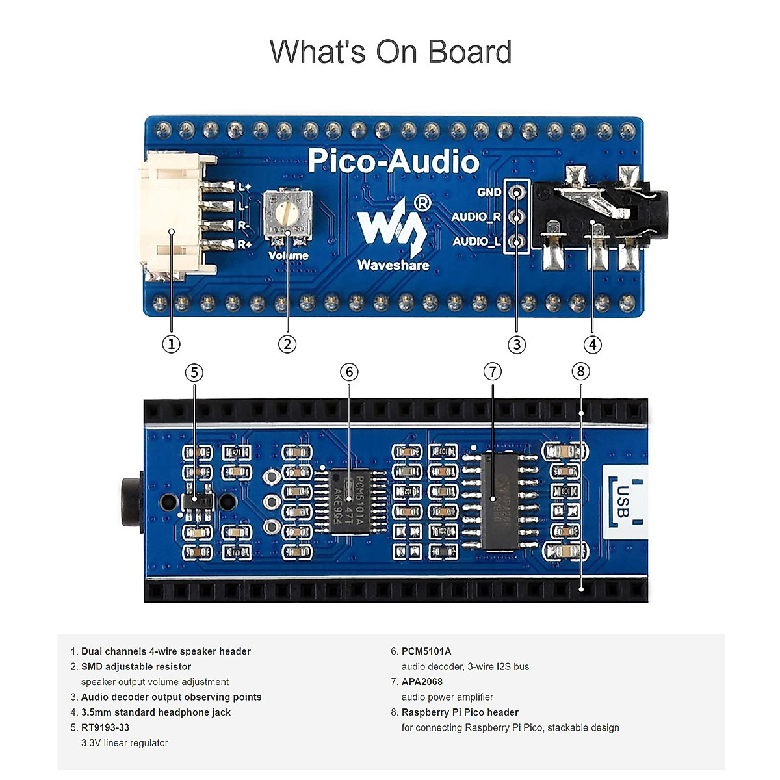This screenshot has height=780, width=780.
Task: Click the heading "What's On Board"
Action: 391,52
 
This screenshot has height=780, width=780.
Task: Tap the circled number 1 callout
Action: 171,344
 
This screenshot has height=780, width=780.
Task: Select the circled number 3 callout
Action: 517,344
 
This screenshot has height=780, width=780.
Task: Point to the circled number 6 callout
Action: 349,372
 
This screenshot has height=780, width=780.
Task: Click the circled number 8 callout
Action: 580,371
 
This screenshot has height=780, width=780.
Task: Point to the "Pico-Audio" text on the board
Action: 393,161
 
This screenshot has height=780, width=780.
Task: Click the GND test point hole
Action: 517,192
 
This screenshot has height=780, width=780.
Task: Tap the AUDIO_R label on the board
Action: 476,216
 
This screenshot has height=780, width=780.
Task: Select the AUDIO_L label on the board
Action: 476,241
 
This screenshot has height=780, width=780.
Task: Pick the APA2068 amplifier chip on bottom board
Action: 501,500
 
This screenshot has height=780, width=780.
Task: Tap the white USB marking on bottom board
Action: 623,502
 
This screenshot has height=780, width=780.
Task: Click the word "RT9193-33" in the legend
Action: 105,727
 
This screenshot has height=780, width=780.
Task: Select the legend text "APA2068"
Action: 422,682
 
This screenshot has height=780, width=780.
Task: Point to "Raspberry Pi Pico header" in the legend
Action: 460,712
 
